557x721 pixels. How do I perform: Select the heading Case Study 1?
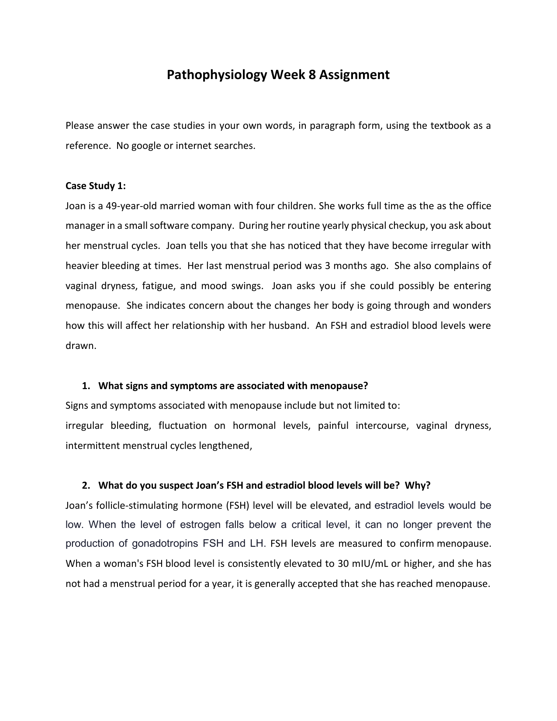click(x=96, y=186)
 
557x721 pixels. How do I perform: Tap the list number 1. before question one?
click(x=86, y=386)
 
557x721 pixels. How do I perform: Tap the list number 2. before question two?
click(x=86, y=486)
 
